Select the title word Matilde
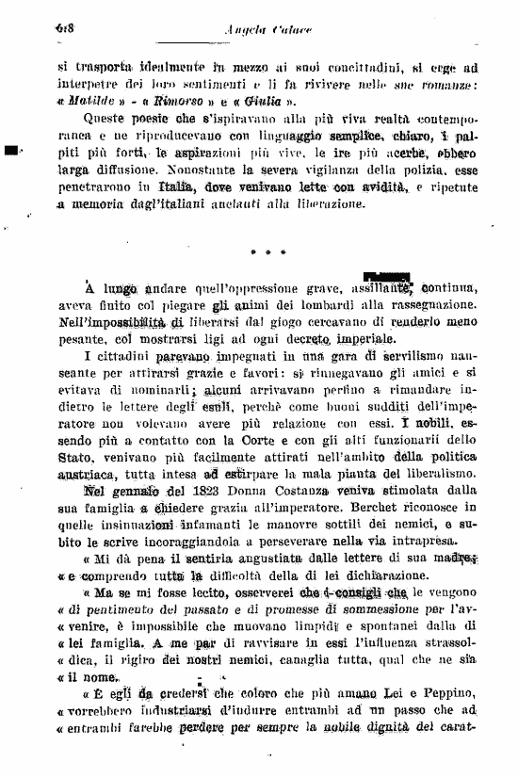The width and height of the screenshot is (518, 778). click(88, 101)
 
